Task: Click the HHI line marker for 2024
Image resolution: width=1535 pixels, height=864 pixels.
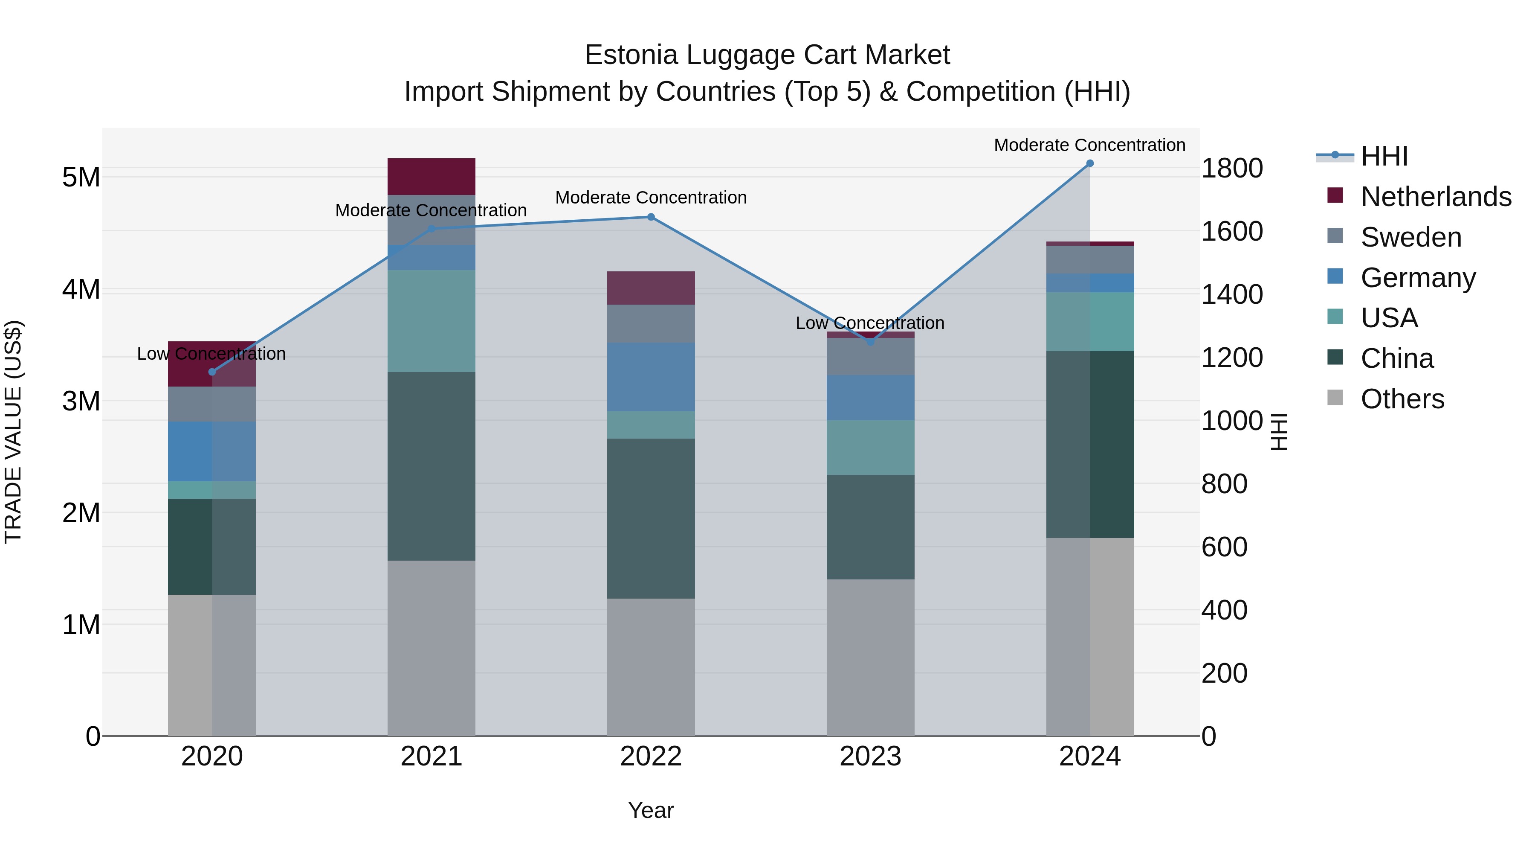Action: (1090, 163)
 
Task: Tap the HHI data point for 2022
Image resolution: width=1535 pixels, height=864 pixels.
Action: (651, 217)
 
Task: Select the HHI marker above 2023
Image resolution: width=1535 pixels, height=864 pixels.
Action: (870, 342)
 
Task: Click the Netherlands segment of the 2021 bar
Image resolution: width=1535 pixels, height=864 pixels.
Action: (432, 177)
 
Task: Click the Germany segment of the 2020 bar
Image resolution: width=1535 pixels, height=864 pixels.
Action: (211, 451)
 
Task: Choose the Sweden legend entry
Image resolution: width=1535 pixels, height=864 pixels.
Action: (1410, 237)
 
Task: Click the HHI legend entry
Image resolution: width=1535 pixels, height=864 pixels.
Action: (1384, 156)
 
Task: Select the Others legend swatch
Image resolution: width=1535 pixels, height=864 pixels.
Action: (1335, 398)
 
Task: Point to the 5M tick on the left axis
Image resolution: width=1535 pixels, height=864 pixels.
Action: (81, 177)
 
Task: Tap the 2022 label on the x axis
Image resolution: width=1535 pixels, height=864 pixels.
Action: (651, 756)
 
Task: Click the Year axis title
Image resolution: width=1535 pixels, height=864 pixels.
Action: (651, 810)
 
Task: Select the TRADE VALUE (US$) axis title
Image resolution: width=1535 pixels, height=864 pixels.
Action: (13, 432)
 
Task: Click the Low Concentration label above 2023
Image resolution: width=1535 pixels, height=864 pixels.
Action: (870, 323)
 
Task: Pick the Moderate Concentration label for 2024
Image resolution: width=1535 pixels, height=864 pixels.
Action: (1089, 145)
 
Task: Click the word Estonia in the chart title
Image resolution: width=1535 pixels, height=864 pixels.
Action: (631, 55)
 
